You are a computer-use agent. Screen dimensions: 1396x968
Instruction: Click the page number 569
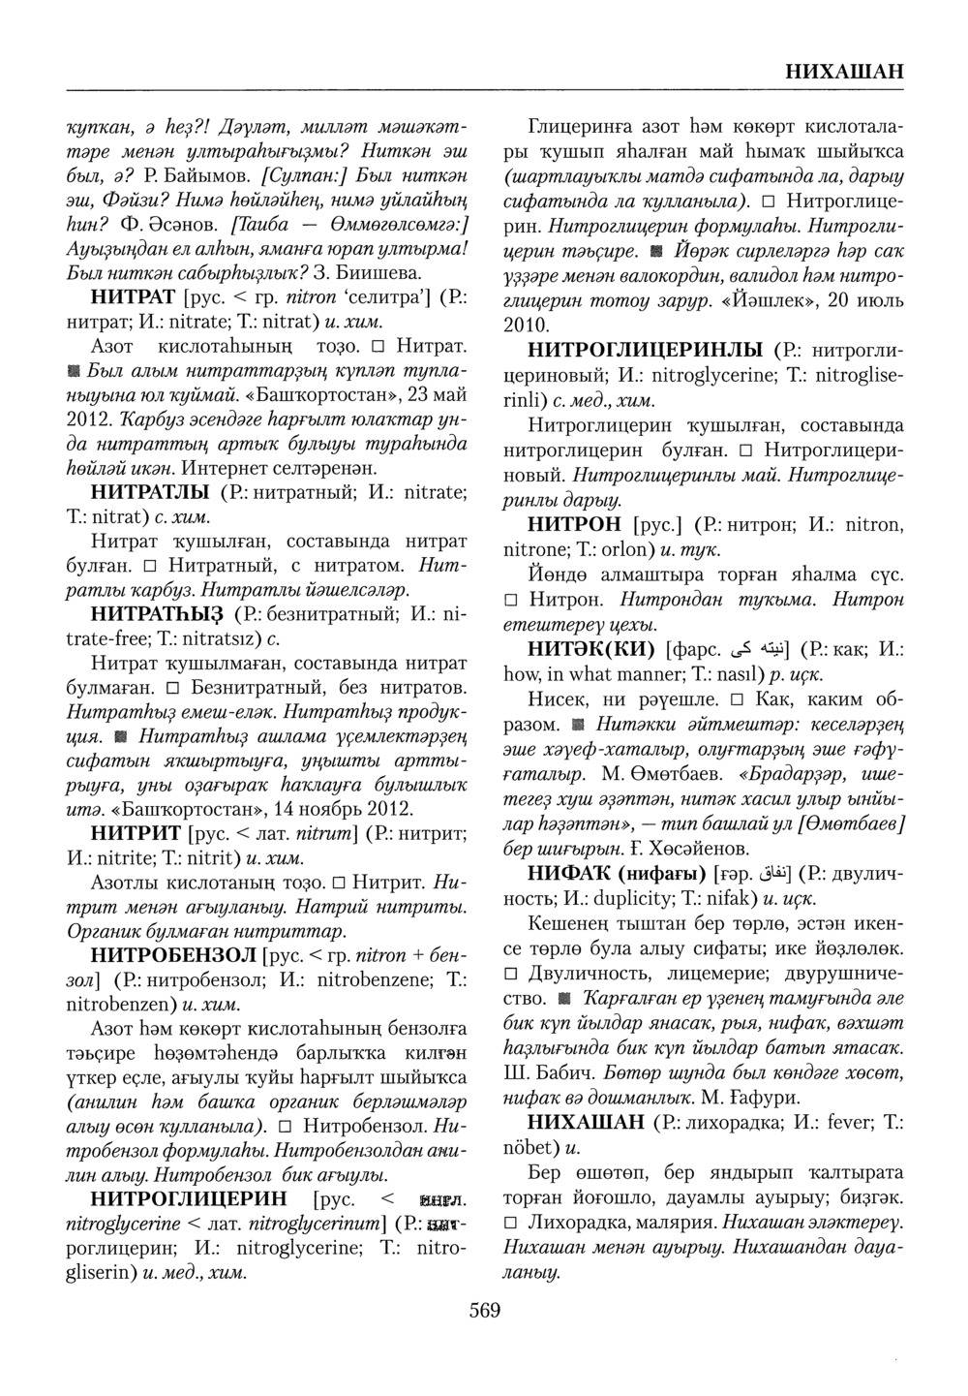484,1311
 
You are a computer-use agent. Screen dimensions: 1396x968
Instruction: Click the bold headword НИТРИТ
136,833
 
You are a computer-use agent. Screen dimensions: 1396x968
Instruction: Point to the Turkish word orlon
631,551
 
